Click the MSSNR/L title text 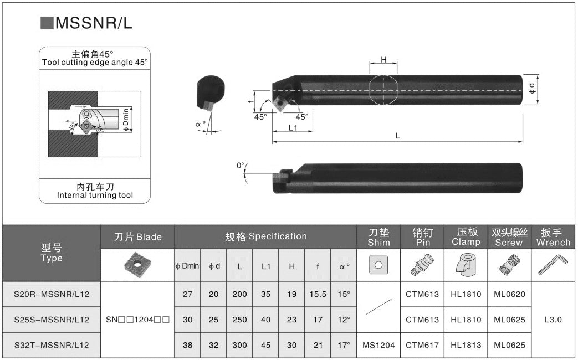(x=93, y=23)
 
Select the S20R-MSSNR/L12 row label (x=52, y=295)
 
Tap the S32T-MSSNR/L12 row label (x=52, y=345)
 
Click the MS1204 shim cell (x=378, y=345)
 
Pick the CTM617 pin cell (x=422, y=345)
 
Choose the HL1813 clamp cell (x=466, y=345)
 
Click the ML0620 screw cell (x=509, y=295)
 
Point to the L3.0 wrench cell (x=553, y=320)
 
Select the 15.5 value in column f (x=318, y=295)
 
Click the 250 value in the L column (x=239, y=320)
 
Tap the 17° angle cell (x=344, y=345)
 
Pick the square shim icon (x=378, y=265)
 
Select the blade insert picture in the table (x=137, y=265)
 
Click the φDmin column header (x=187, y=266)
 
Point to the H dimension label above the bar (x=383, y=59)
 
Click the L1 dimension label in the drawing (x=293, y=127)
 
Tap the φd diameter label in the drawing (x=532, y=88)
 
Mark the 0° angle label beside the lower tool (x=241, y=166)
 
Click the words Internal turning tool (x=95, y=196)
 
